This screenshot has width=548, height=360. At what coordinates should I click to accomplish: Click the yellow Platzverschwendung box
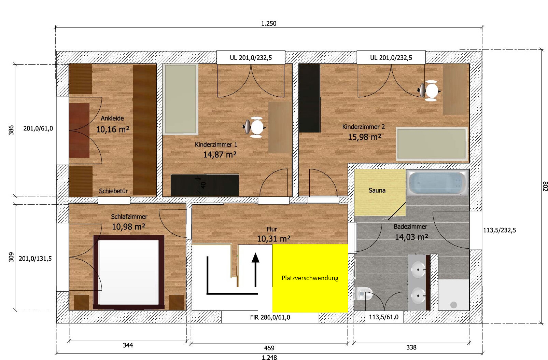tap(310, 278)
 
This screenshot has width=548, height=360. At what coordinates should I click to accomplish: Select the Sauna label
tap(377, 190)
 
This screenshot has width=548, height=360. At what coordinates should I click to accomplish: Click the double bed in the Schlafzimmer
tap(129, 272)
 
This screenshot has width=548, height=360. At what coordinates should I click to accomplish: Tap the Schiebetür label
tap(113, 191)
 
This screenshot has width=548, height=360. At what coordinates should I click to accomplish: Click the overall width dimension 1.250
tap(269, 24)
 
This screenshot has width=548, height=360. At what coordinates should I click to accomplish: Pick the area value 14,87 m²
tap(220, 155)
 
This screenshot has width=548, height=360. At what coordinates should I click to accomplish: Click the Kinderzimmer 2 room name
tap(363, 127)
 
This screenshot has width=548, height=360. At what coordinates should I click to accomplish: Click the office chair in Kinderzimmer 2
tap(430, 91)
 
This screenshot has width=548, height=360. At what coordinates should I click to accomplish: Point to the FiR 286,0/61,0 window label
tap(270, 317)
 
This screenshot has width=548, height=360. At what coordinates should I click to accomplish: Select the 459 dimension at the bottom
tap(269, 348)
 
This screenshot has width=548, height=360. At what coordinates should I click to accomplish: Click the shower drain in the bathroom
tap(453, 305)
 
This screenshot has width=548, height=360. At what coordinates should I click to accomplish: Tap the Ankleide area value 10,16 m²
tap(113, 129)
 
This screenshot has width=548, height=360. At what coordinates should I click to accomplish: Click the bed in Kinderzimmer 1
tap(181, 99)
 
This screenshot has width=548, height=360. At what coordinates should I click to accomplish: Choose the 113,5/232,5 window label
tap(500, 230)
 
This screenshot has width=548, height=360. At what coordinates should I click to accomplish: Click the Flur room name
tap(272, 229)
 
